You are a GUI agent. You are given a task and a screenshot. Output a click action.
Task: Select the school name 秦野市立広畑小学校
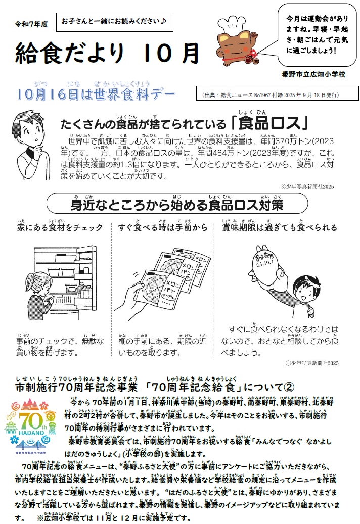coord(314,74)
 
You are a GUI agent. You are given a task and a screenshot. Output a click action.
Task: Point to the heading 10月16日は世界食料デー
coord(96,93)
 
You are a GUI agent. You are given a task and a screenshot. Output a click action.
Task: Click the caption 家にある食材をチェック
coord(60,228)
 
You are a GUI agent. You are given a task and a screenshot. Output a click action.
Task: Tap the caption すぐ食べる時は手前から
coord(163,228)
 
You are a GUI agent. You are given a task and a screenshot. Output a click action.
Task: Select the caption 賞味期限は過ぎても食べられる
coord(280,228)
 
